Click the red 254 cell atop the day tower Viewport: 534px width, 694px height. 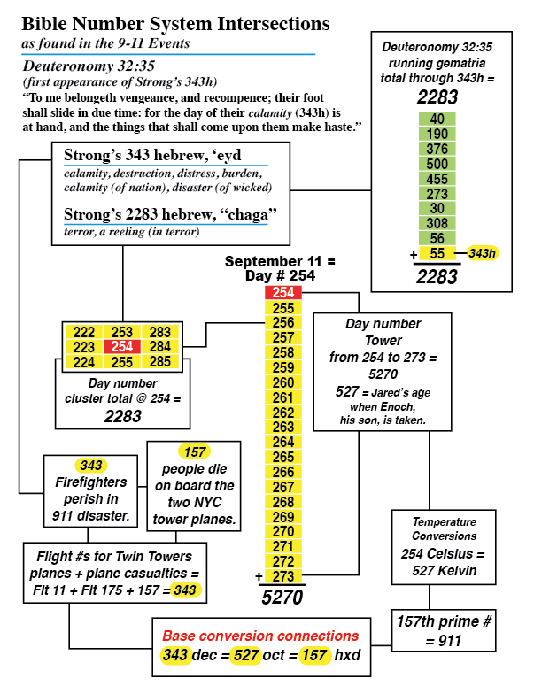[x=283, y=292]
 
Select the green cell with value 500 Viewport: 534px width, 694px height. [x=437, y=163]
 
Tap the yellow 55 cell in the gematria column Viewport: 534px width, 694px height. [x=437, y=253]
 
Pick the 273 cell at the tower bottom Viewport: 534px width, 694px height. [x=283, y=577]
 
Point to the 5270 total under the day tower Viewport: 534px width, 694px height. [x=283, y=598]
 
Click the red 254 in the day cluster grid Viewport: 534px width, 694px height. [x=123, y=346]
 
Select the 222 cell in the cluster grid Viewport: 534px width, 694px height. [x=83, y=331]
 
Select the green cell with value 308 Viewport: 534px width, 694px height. [x=437, y=223]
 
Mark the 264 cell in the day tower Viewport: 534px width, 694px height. [x=283, y=442]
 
